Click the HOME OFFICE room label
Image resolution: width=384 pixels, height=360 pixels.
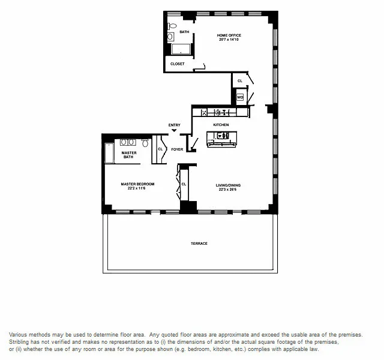[x=229, y=35]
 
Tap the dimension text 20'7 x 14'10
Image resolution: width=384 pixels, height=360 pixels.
[x=229, y=40]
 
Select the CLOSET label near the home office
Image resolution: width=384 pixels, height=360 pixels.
[x=178, y=64]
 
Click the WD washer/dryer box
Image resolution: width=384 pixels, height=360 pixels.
[x=240, y=97]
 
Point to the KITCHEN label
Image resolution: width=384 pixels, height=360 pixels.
[x=221, y=125]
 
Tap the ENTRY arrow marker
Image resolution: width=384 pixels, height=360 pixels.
[x=175, y=130]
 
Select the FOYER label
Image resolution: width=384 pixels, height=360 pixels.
[x=177, y=149]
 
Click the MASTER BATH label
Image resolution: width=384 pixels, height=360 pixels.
[x=129, y=155]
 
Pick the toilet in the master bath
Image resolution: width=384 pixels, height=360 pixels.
[x=145, y=143]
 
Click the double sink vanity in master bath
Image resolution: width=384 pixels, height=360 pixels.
[x=128, y=143]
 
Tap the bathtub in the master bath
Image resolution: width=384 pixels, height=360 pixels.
[x=110, y=154]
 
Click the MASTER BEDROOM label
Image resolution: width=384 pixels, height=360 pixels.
[x=137, y=184]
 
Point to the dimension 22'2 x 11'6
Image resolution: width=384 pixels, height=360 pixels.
[x=137, y=188]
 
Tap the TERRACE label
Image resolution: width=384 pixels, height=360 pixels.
[x=199, y=243]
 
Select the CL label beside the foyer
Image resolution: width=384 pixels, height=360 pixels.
[x=160, y=149]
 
